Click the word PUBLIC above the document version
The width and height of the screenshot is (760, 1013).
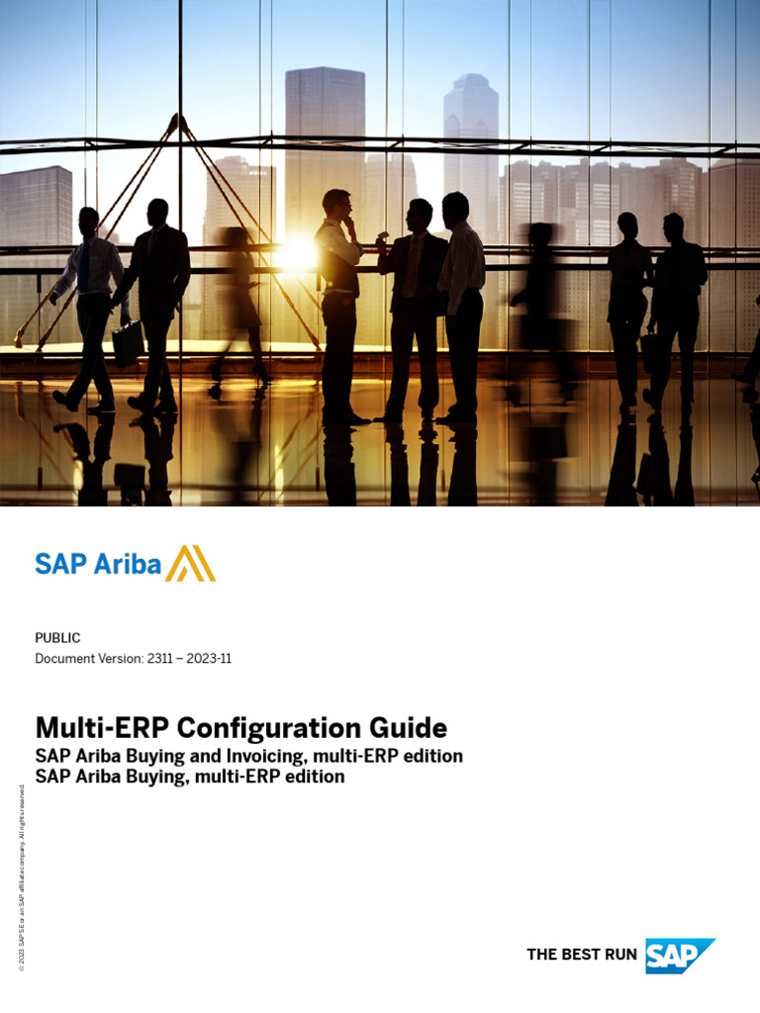coord(57,638)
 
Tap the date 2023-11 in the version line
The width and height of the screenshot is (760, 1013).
coord(211,659)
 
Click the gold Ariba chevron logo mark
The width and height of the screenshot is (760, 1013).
coord(190,564)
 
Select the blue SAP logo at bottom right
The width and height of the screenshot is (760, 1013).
coord(680,956)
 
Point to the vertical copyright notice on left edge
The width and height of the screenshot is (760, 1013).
coord(22,875)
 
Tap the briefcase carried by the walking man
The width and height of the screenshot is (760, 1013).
coord(128,342)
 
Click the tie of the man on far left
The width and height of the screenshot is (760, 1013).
coord(85,265)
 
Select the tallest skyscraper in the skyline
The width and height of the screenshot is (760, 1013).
coord(324,138)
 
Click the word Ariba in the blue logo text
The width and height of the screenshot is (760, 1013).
coord(128,564)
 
